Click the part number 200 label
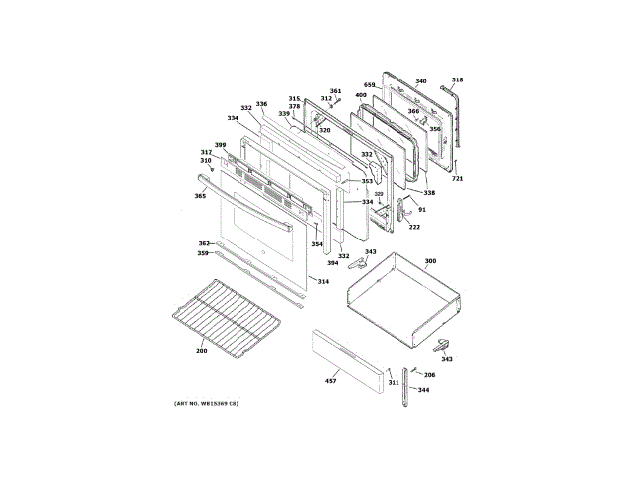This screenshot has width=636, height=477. pyautogui.click(x=201, y=351)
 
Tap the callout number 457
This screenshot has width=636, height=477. pyautogui.click(x=331, y=381)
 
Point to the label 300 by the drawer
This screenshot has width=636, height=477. pyautogui.click(x=430, y=262)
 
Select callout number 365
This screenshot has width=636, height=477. pyautogui.click(x=200, y=196)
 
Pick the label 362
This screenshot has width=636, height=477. pyautogui.click(x=203, y=243)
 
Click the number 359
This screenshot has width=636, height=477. pyautogui.click(x=202, y=253)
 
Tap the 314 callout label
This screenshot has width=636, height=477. pyautogui.click(x=322, y=282)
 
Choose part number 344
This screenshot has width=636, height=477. pyautogui.click(x=423, y=390)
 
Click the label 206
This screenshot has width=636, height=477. pyautogui.click(x=429, y=374)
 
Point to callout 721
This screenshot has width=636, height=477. pyautogui.click(x=457, y=178)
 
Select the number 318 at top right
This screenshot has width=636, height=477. pyautogui.click(x=457, y=80)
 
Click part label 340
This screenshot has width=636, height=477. pyautogui.click(x=420, y=81)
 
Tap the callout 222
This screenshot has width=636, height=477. pyautogui.click(x=414, y=228)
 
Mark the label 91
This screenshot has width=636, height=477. pyautogui.click(x=421, y=210)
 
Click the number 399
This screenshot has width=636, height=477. pyautogui.click(x=220, y=145)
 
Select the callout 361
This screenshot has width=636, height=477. pyautogui.click(x=335, y=91)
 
